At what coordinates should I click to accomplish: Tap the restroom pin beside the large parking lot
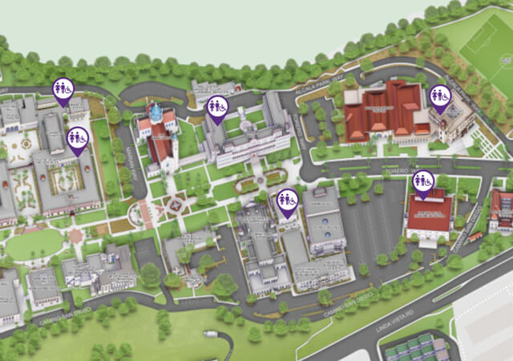tap(424, 182)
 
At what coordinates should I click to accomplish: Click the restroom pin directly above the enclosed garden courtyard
tap(77, 139)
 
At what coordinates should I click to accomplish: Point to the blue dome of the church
tap(156, 113)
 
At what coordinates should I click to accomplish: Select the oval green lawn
tap(33, 244)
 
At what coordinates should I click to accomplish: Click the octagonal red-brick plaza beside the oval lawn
tap(76, 235)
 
